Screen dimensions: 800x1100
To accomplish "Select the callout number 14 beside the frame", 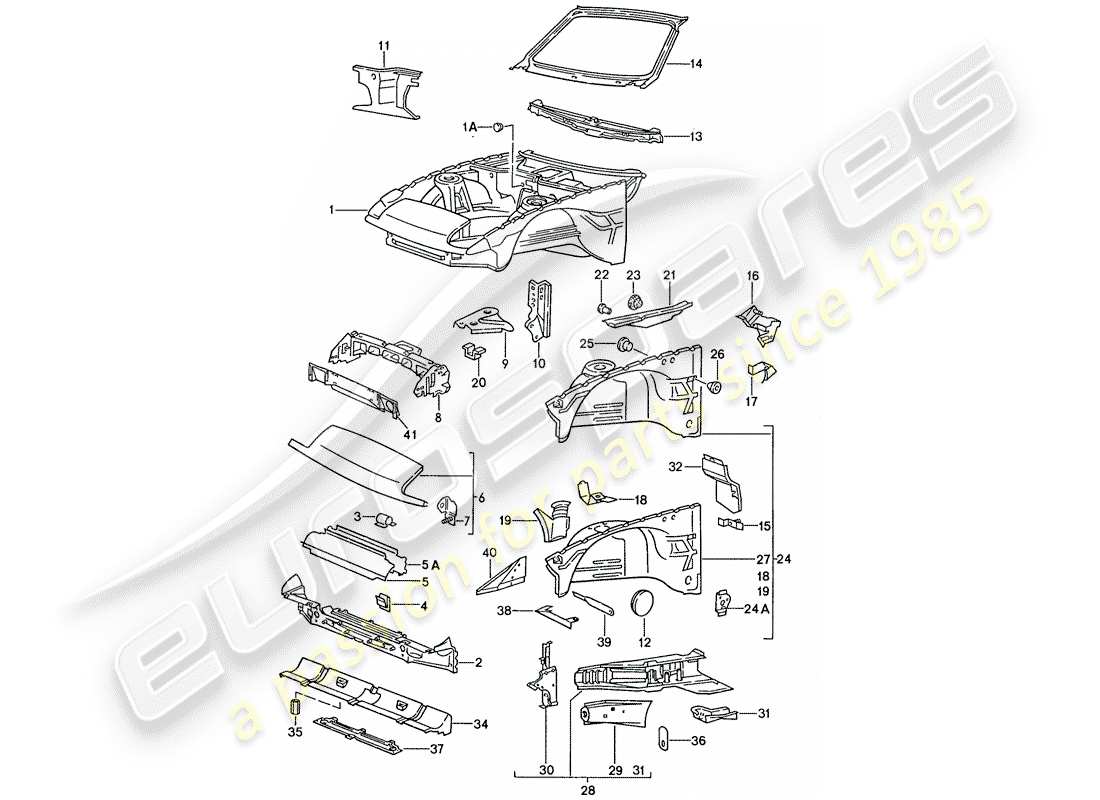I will (696, 63).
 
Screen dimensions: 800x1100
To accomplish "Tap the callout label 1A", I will (469, 128).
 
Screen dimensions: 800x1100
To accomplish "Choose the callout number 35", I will (294, 733).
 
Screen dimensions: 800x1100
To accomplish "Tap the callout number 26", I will (716, 354).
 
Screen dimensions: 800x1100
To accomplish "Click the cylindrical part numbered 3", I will (379, 518).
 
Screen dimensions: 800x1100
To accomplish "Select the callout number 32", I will (676, 465).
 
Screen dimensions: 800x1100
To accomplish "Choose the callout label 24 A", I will (755, 607).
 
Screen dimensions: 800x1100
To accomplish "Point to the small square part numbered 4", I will (382, 601).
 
